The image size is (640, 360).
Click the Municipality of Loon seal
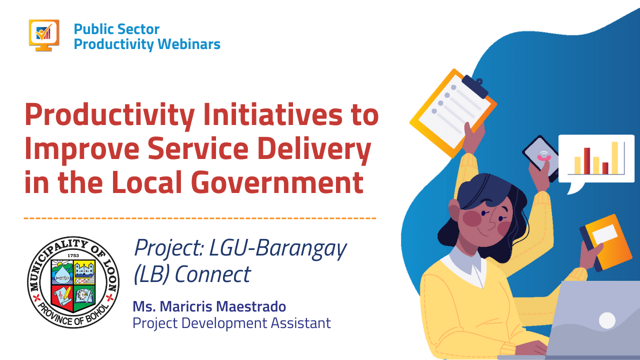73,282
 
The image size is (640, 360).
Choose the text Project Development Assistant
231,323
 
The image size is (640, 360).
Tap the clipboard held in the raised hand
452,110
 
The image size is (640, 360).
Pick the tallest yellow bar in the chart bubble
614,157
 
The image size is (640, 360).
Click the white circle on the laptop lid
607,320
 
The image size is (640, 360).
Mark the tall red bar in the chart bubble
587,160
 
